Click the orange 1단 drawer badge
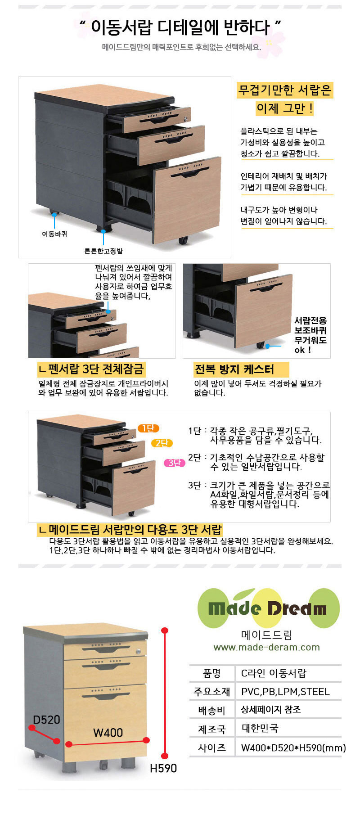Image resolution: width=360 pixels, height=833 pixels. coord(148,428)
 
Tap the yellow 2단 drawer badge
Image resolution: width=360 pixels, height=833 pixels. coord(162,443)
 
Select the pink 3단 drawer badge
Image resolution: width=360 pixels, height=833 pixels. coord(174,463)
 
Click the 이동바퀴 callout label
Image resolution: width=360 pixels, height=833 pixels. coord(54,234)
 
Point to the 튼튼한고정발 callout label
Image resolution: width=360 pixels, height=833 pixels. coord(103,251)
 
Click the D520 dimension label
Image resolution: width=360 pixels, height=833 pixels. coord(46,720)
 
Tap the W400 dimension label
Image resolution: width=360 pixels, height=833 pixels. coord(108,733)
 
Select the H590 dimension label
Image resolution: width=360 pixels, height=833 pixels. coord(163,768)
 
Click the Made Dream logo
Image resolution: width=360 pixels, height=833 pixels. coord(269,608)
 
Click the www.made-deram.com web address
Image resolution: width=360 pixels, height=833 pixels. coord(266,647)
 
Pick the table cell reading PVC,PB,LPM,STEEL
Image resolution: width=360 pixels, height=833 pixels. coord(285,692)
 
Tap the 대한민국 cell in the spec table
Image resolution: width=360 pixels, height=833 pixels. coord(260,728)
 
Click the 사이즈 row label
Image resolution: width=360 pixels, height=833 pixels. coord(212,747)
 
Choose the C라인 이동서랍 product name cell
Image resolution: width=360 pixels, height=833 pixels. coord(274,673)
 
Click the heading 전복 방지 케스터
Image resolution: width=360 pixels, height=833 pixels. coord(234,370)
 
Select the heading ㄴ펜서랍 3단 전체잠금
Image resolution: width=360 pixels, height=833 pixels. coord(91,369)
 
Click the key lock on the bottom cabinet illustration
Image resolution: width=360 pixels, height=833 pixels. coord(138,651)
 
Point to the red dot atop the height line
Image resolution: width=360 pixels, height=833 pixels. coord(165,630)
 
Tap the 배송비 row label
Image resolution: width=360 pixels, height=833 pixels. coord(211,711)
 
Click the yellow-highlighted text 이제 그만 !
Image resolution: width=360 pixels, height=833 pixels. coord(285,108)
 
